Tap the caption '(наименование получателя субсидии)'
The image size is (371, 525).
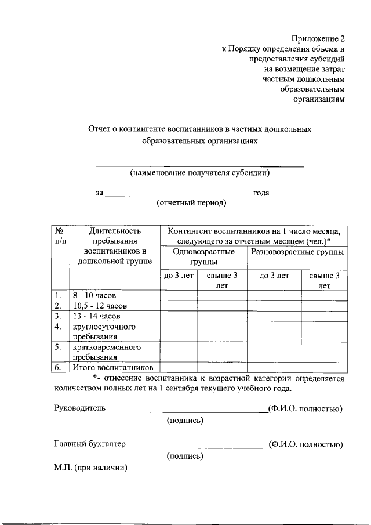pos(199,173)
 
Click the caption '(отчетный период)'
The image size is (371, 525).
pos(191,203)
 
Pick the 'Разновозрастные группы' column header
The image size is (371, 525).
pos(297,252)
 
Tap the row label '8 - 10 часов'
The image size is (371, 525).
pos(95,295)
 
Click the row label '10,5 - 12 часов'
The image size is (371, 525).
pos(100,306)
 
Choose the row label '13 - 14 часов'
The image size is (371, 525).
pos(96,316)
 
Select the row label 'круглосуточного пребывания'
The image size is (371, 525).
pos(96,331)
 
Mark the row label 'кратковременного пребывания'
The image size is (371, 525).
pos(99,352)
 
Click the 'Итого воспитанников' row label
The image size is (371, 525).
pos(112,367)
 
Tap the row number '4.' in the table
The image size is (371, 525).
pos(58,327)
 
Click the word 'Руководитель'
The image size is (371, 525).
pos(80,408)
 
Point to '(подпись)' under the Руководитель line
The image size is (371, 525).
pos(185,420)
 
